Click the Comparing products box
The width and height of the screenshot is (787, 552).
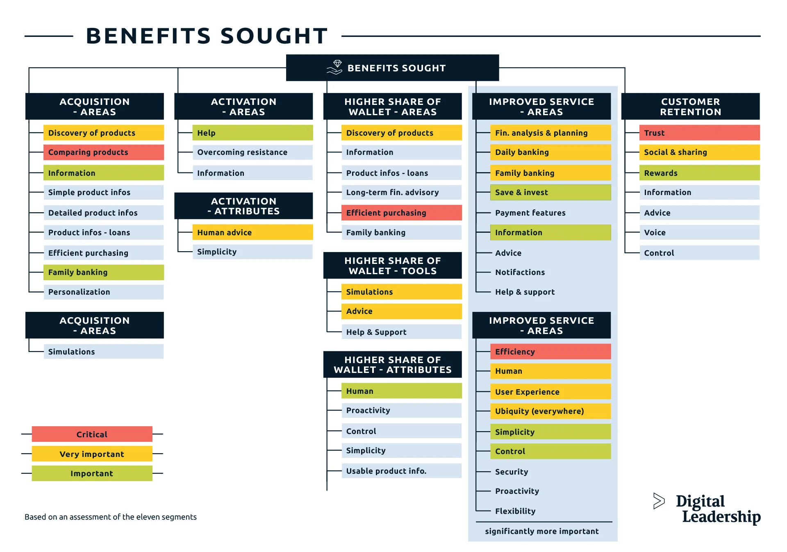click(x=103, y=152)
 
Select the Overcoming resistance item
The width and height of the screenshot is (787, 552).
click(x=252, y=152)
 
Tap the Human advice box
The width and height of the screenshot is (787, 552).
click(x=252, y=232)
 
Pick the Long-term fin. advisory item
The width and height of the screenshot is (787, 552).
click(x=401, y=192)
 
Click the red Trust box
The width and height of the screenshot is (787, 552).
click(x=699, y=133)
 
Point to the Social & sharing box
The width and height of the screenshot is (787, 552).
click(x=699, y=152)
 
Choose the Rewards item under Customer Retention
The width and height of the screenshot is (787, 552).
click(x=699, y=173)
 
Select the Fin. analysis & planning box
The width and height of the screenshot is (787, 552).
click(x=550, y=133)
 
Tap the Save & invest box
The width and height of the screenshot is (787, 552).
click(x=550, y=192)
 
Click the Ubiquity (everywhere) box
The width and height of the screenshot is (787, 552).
click(x=550, y=411)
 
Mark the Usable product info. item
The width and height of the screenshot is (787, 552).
click(x=401, y=471)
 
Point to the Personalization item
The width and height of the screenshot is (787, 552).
click(x=103, y=292)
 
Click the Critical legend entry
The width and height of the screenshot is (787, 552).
click(x=92, y=434)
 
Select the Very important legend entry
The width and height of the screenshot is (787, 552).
click(x=92, y=454)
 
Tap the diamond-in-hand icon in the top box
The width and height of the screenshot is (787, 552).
click(x=335, y=68)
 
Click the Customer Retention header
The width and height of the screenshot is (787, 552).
click(x=690, y=107)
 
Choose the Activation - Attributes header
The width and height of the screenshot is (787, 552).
click(x=243, y=206)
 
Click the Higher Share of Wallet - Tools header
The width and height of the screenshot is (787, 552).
click(x=392, y=266)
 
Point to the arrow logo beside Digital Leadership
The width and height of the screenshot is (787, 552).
click(x=659, y=501)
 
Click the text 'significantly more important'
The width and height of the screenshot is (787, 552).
click(x=541, y=531)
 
